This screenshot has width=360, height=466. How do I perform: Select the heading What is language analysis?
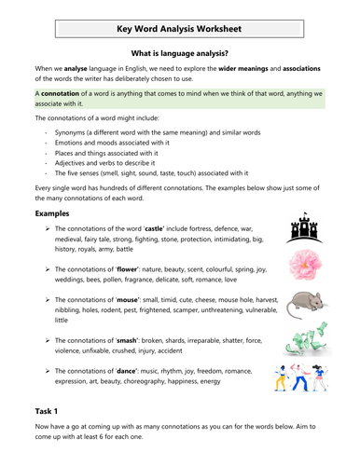point(180,56)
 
